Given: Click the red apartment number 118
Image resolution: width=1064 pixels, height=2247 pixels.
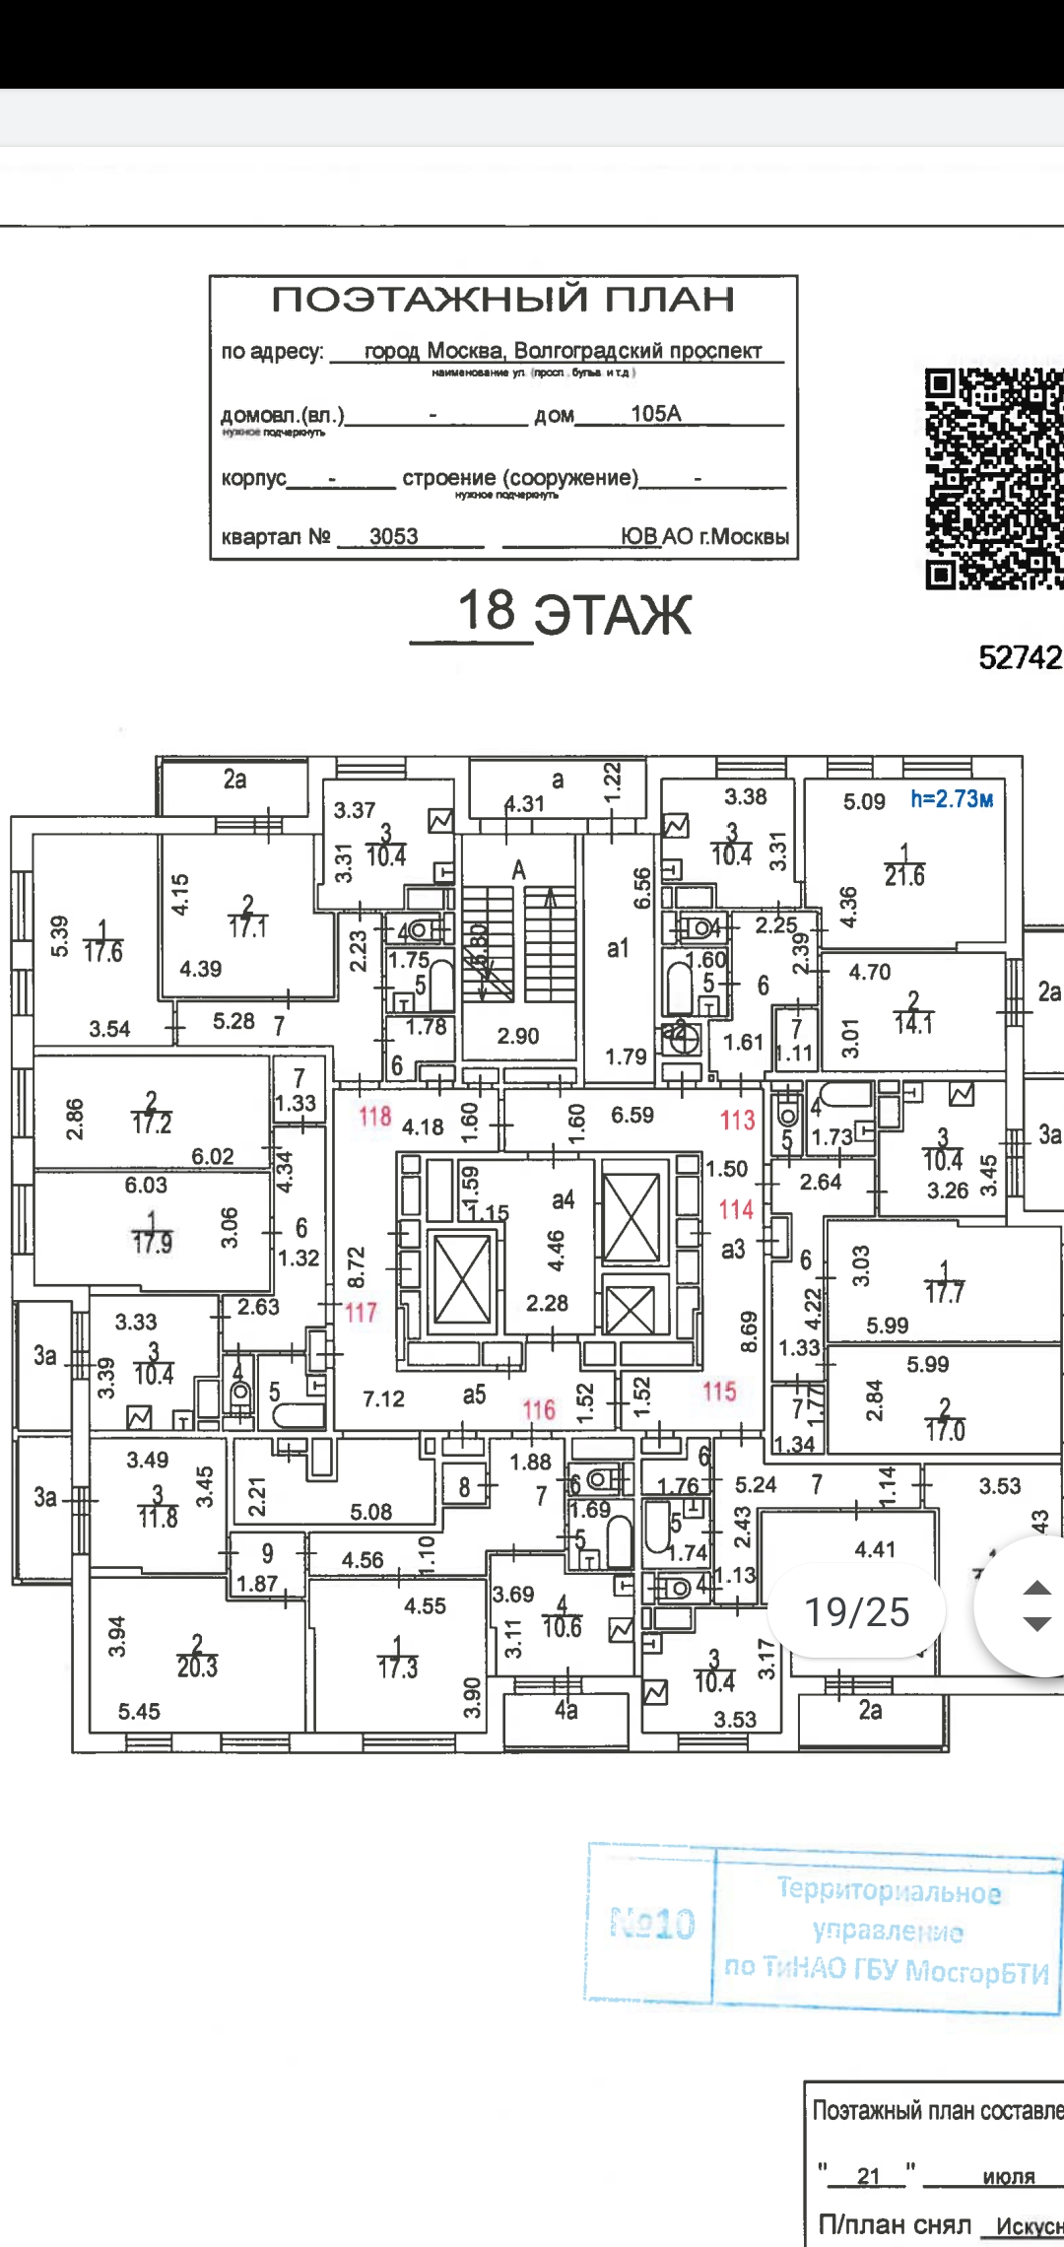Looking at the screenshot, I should pyautogui.click(x=374, y=1116).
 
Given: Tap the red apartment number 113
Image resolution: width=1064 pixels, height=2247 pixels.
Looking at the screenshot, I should pyautogui.click(x=737, y=1120).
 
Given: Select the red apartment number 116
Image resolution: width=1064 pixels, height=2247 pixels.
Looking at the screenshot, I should pyautogui.click(x=539, y=1409).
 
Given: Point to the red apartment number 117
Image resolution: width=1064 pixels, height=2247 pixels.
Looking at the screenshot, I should pyautogui.click(x=361, y=1312).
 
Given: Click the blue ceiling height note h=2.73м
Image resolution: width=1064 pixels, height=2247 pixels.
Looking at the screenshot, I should pyautogui.click(x=951, y=799).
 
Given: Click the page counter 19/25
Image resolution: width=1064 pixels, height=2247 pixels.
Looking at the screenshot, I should pyautogui.click(x=857, y=1611).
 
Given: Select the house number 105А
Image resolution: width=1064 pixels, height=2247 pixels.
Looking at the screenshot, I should pyautogui.click(x=655, y=414).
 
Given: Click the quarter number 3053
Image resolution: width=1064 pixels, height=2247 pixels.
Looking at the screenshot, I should pyautogui.click(x=393, y=536).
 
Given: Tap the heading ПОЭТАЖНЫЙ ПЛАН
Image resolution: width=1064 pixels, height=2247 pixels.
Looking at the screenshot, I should pyautogui.click(x=502, y=300).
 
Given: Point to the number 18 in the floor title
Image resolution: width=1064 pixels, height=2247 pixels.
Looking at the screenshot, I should pyautogui.click(x=487, y=610).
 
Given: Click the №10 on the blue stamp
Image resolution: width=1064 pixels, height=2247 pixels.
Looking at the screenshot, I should pyautogui.click(x=652, y=1923).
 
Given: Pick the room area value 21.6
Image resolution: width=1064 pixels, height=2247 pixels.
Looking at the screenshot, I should pyautogui.click(x=904, y=876).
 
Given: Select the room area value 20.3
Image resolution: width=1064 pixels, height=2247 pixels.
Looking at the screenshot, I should pyautogui.click(x=197, y=1667).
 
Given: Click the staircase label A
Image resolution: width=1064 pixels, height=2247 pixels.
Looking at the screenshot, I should pyautogui.click(x=519, y=870).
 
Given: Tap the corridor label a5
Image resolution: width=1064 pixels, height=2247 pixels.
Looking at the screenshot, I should pyautogui.click(x=474, y=1395).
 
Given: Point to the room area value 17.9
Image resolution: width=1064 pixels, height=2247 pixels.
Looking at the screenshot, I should pyautogui.click(x=152, y=1242).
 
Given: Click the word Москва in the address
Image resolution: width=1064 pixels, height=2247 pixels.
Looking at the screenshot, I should pyautogui.click(x=464, y=351).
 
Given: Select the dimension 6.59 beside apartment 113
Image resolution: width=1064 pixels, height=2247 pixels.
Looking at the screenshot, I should pyautogui.click(x=632, y=1115).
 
